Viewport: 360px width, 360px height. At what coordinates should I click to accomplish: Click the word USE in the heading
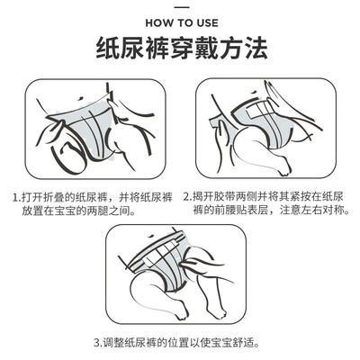tap(208, 23)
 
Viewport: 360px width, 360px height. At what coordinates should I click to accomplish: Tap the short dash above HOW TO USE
tap(182, 6)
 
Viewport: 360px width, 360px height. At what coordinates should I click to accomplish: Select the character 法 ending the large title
tap(256, 49)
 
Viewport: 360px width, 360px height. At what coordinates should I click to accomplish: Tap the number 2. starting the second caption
tap(188, 197)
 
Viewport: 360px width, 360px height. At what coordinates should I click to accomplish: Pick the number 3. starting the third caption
tap(98, 342)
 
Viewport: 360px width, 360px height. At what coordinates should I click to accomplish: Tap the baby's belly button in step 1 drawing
tap(80, 98)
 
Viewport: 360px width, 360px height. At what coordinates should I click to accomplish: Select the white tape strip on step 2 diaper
tap(259, 112)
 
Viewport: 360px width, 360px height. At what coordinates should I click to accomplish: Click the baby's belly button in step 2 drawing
tap(255, 93)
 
